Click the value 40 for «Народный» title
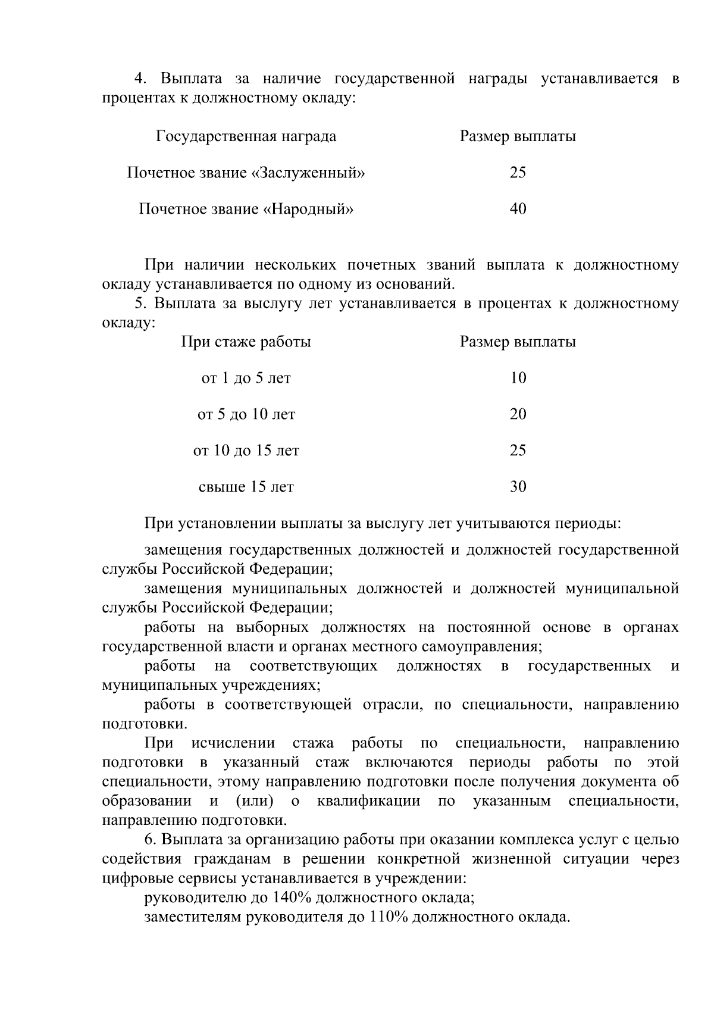click(518, 209)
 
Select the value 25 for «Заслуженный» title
click(518, 173)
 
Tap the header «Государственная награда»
click(246, 136)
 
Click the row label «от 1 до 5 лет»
click(246, 378)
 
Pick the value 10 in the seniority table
click(518, 378)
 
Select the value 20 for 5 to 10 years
click(518, 414)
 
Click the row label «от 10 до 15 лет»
click(246, 451)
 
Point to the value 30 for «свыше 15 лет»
click(518, 487)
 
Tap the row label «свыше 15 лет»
click(246, 487)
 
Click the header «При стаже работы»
click(246, 342)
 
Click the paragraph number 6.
click(150, 840)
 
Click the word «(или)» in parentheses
click(255, 801)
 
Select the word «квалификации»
click(368, 801)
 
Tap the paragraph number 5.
click(140, 304)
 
